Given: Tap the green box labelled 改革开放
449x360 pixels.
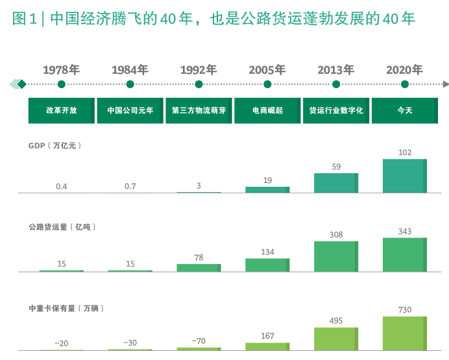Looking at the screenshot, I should click(x=62, y=110).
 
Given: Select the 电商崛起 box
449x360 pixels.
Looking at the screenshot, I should click(x=267, y=110).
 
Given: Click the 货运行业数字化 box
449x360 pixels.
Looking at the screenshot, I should click(x=336, y=110).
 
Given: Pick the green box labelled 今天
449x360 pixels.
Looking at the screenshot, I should click(x=405, y=110).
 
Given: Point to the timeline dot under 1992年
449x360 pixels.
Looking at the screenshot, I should click(x=199, y=84).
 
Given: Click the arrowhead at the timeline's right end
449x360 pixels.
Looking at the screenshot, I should click(x=445, y=84).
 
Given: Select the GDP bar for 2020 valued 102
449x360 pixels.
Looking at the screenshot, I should click(x=405, y=176).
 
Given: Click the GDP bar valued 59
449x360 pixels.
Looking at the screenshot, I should click(x=336, y=183).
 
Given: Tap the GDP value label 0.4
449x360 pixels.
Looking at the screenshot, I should click(x=62, y=186).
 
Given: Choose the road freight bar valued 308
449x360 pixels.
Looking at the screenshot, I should click(x=336, y=256).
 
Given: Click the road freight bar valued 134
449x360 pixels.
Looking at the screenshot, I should click(x=267, y=265).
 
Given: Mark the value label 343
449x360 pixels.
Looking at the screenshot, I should click(x=405, y=232).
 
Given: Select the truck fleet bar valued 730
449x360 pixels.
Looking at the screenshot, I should click(x=405, y=333).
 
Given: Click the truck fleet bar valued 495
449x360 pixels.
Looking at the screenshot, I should click(x=336, y=339).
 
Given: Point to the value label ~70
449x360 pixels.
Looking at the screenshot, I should click(x=199, y=341).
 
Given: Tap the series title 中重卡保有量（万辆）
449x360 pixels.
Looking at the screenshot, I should click(x=66, y=308).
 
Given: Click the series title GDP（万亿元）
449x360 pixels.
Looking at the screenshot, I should click(x=55, y=146).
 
